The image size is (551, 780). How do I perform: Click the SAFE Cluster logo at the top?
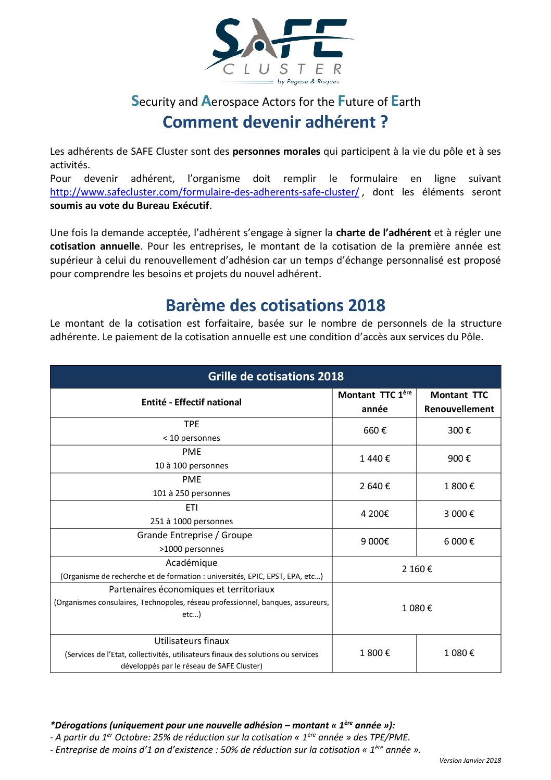pyautogui.click(x=279, y=51)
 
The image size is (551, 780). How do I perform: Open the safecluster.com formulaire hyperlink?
pyautogui.click(x=204, y=192)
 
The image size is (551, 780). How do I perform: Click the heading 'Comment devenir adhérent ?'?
pyautogui.click(x=275, y=122)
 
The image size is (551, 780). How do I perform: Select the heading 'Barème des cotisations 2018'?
pyautogui.click(x=275, y=305)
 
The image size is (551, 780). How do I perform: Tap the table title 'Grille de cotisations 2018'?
pyautogui.click(x=275, y=377)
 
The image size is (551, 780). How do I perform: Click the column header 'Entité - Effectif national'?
pyautogui.click(x=191, y=402)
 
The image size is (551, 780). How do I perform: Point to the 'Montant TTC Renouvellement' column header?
pyautogui.click(x=459, y=402)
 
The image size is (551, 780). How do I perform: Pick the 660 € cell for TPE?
pyautogui.click(x=374, y=430)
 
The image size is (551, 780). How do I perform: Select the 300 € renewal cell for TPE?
pyautogui.click(x=459, y=430)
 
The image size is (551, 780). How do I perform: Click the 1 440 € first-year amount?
pyautogui.click(x=374, y=459)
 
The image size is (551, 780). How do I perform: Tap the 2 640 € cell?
pyautogui.click(x=374, y=486)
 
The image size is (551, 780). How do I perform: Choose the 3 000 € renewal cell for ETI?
pyautogui.click(x=459, y=514)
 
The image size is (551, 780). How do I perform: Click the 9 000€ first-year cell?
pyautogui.click(x=374, y=541)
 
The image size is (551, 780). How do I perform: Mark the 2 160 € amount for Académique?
pyautogui.click(x=417, y=569)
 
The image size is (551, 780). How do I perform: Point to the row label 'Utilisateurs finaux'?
pyautogui.click(x=191, y=641)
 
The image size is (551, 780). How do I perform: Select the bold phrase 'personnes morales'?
pyautogui.click(x=276, y=152)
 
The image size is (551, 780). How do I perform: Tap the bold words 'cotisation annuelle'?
pyautogui.click(x=95, y=246)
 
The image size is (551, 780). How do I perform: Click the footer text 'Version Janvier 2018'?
pyautogui.click(x=470, y=761)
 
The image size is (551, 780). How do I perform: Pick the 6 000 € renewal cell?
pyautogui.click(x=459, y=541)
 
